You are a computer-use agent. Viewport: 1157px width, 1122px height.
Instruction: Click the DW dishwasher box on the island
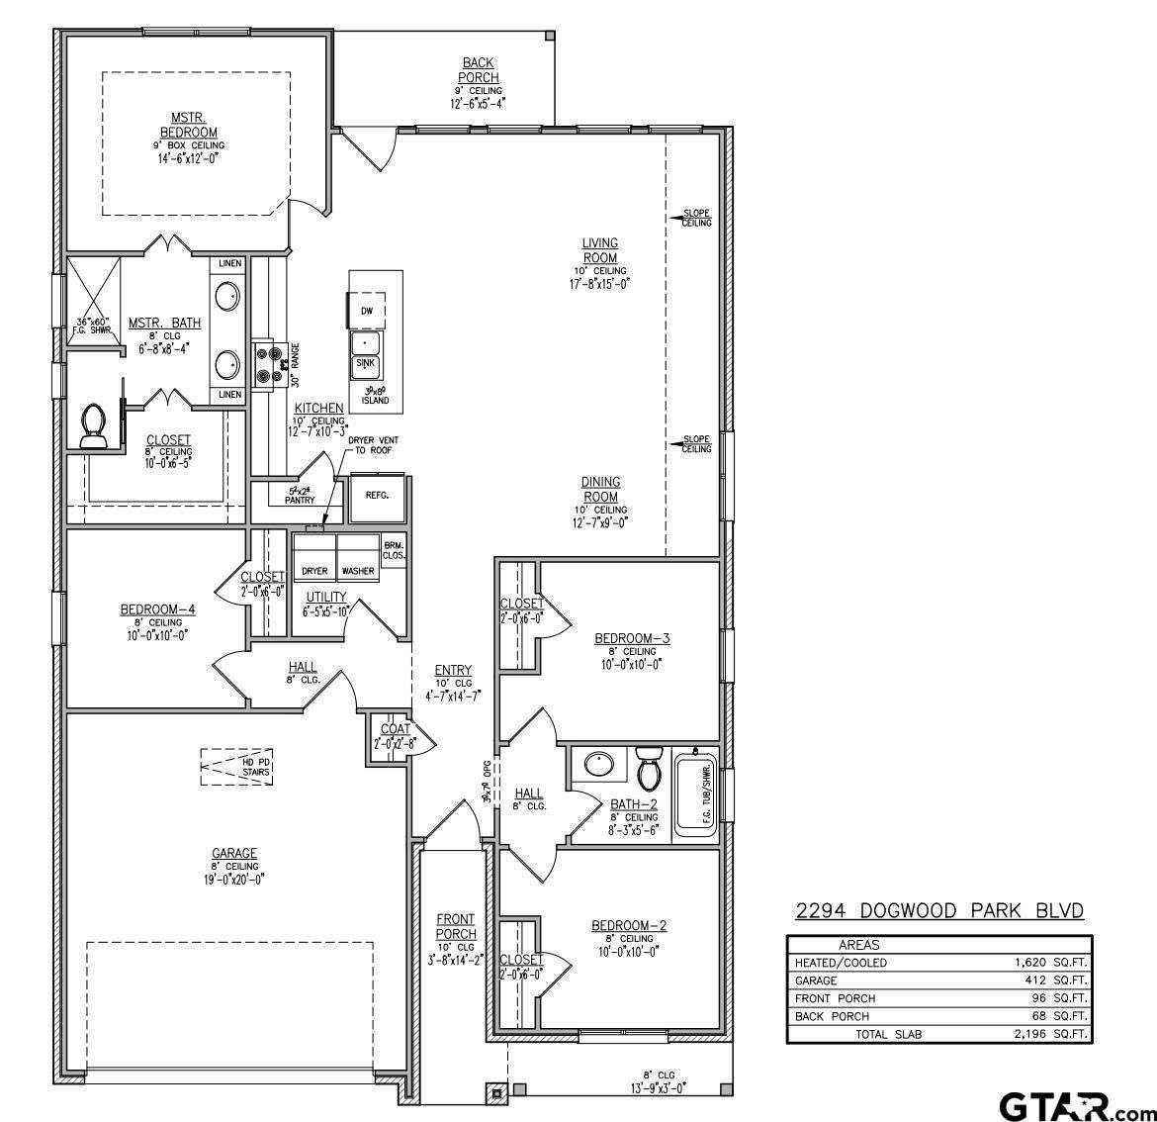(367, 310)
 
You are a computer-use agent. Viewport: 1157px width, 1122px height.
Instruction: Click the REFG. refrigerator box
(377, 495)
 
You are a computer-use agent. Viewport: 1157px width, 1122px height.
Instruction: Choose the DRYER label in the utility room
(314, 571)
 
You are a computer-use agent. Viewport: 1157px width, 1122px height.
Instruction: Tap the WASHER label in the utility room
(358, 571)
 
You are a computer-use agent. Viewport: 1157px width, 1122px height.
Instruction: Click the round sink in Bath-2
(597, 765)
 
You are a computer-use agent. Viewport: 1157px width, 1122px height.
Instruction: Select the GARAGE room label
(234, 853)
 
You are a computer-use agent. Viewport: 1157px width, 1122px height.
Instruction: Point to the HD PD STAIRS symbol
(237, 766)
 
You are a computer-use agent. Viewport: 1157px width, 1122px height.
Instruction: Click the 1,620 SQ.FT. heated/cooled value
(1047, 963)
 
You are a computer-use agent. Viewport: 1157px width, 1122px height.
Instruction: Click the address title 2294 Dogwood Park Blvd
(940, 910)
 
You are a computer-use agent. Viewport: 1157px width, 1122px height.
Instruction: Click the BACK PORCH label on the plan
(479, 70)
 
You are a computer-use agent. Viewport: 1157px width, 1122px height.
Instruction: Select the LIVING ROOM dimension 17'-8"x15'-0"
(599, 283)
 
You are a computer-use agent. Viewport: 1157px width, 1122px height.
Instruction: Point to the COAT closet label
(396, 730)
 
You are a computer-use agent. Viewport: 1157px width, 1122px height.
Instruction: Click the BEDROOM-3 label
(632, 638)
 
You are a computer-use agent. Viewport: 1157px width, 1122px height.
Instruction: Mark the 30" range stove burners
(267, 362)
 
